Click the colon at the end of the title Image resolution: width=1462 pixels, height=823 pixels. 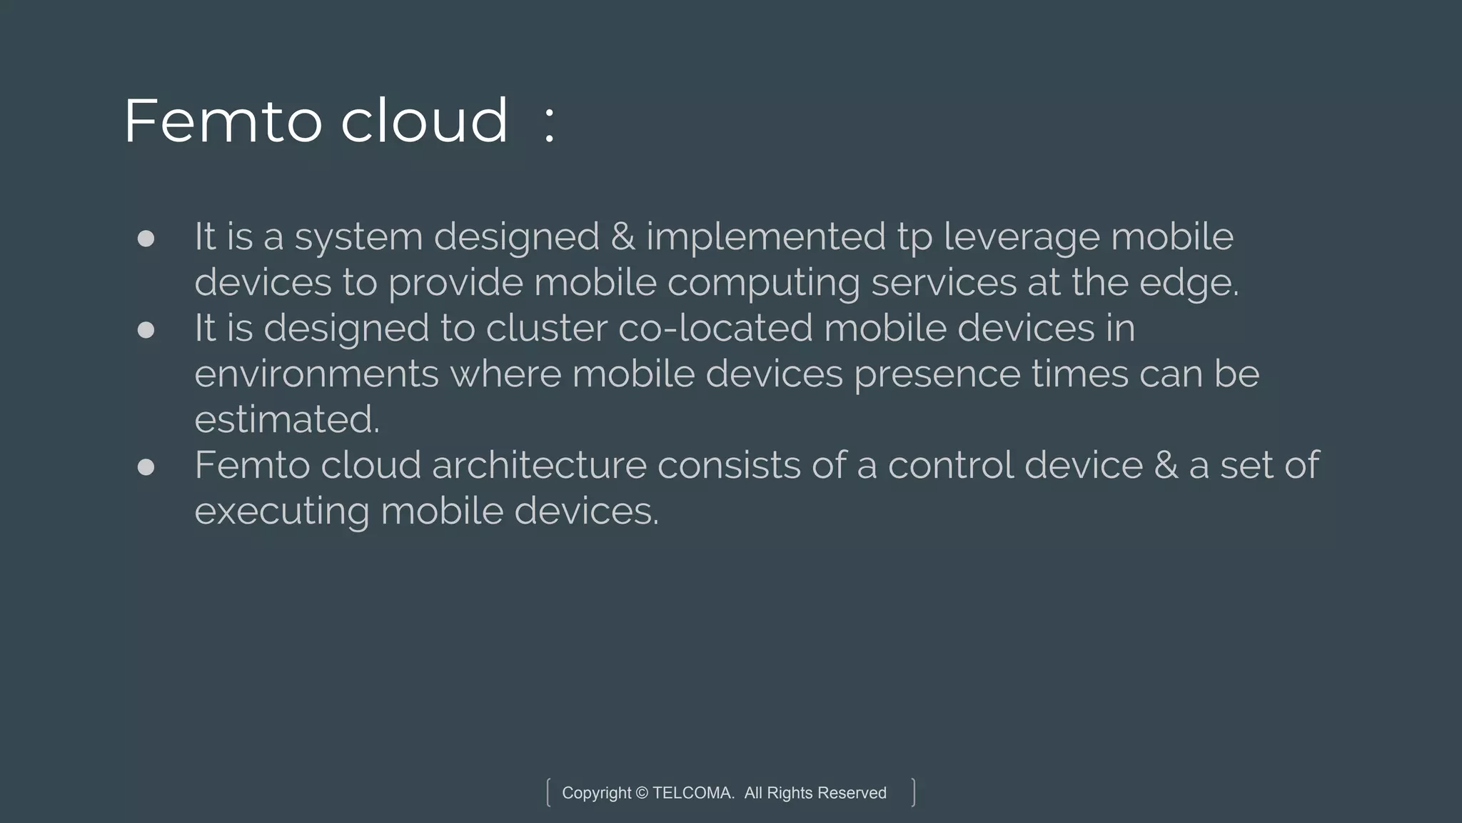pos(548,123)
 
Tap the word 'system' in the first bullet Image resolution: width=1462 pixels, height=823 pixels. pos(358,237)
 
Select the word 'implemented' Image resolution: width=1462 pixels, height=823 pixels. pos(766,237)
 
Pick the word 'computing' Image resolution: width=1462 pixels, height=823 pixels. pos(763,284)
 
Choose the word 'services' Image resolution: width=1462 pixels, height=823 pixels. pos(943,282)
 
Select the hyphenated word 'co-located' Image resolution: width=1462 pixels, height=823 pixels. pos(715,329)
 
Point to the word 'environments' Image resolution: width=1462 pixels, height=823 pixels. pos(316,374)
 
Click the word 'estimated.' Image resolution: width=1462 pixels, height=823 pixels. pos(287,419)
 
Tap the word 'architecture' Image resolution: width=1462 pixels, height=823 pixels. pos(539,466)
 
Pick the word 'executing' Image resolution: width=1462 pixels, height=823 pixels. pos(281,512)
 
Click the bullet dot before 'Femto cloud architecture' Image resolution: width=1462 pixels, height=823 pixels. pos(146,467)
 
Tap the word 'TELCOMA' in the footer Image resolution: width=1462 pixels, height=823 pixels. pos(692,793)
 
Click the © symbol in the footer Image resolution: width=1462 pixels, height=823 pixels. pos(642,793)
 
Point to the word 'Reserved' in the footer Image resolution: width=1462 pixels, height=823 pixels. pos(852,793)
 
